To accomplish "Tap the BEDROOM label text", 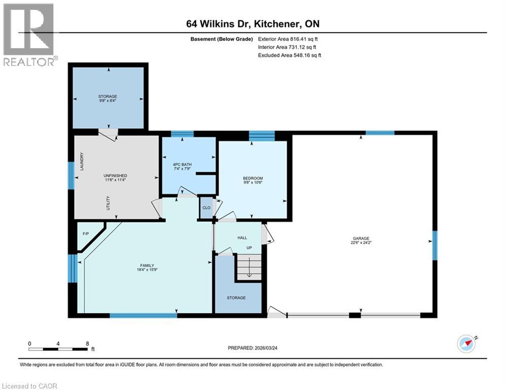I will pyautogui.click(x=252, y=178).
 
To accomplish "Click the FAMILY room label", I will pyautogui.click(x=147, y=265).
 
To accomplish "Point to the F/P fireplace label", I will pyautogui.click(x=86, y=234).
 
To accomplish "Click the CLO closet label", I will pyautogui.click(x=206, y=208).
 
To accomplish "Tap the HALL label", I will pyautogui.click(x=242, y=237).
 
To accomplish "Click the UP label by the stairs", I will pyautogui.click(x=249, y=248).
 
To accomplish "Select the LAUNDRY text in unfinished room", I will pyautogui.click(x=82, y=161).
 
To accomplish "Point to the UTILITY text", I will pyautogui.click(x=108, y=204).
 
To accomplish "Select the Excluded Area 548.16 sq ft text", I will pyautogui.click(x=289, y=55).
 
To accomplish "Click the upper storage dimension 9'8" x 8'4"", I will pyautogui.click(x=108, y=101).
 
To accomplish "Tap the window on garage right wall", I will pyautogui.click(x=434, y=245).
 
